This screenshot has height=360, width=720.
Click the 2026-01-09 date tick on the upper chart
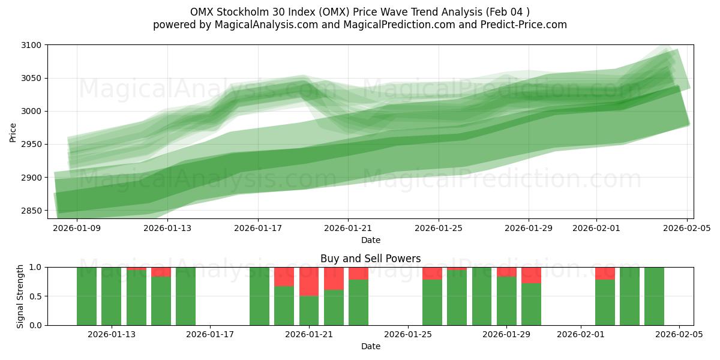coord(77,228)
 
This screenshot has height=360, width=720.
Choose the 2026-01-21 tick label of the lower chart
coord(309,334)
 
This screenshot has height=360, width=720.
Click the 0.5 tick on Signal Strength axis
coord(35,296)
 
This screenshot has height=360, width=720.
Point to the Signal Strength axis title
coord(20,296)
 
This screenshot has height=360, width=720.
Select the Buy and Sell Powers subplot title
coord(370,259)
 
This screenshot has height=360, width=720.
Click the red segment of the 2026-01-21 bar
coord(309,281)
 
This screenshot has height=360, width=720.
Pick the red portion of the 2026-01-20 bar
coord(284,277)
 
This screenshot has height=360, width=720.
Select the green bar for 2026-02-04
coord(654,296)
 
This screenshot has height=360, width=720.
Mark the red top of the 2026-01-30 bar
coord(531,275)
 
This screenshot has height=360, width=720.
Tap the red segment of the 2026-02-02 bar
coord(605,273)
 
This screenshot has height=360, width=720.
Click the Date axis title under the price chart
coord(370,240)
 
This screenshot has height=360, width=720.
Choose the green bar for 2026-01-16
coord(185,296)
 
